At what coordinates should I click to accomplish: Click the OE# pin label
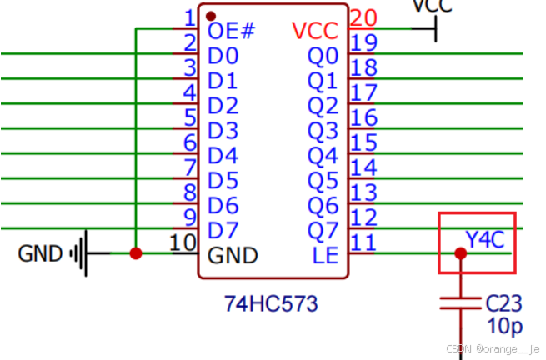coord(230,31)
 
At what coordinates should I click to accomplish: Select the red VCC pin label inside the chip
coord(315,31)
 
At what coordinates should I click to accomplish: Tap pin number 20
coord(363,17)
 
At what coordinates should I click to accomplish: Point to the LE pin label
coord(325,255)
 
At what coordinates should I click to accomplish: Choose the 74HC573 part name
coord(272,303)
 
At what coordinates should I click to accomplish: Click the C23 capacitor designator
coord(504,302)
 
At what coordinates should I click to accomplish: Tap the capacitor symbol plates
coord(460,302)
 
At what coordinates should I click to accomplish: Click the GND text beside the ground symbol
coord(40,253)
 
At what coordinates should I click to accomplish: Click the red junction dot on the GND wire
coord(135,253)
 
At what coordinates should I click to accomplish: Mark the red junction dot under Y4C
coord(460,252)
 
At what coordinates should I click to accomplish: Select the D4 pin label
coord(223,155)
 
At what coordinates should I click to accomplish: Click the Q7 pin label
coord(325,229)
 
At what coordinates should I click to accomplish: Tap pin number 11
coord(363,242)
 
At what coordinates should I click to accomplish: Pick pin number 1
coord(189,17)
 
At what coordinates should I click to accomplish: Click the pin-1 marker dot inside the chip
coord(211,16)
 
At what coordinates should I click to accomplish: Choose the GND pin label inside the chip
coord(233,255)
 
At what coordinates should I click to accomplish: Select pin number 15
coord(363,143)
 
